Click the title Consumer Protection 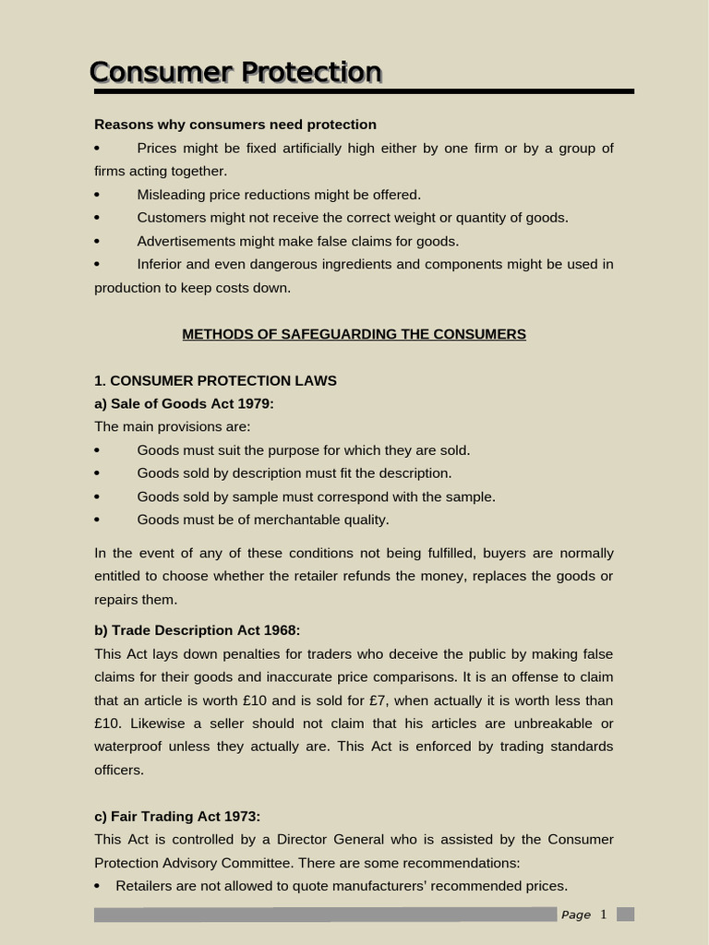pos(235,72)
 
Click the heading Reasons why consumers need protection pos(235,125)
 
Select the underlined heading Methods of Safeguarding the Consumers pos(354,334)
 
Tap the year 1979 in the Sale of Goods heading pos(255,403)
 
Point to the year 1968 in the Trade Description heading pos(281,630)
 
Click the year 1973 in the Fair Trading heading pos(241,816)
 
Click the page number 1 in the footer pos(604,915)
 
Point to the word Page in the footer pos(576,915)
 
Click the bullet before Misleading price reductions pos(97,195)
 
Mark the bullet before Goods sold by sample pos(97,496)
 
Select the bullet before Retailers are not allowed pos(98,886)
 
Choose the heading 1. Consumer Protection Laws pos(215,380)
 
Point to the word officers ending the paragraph pos(119,770)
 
